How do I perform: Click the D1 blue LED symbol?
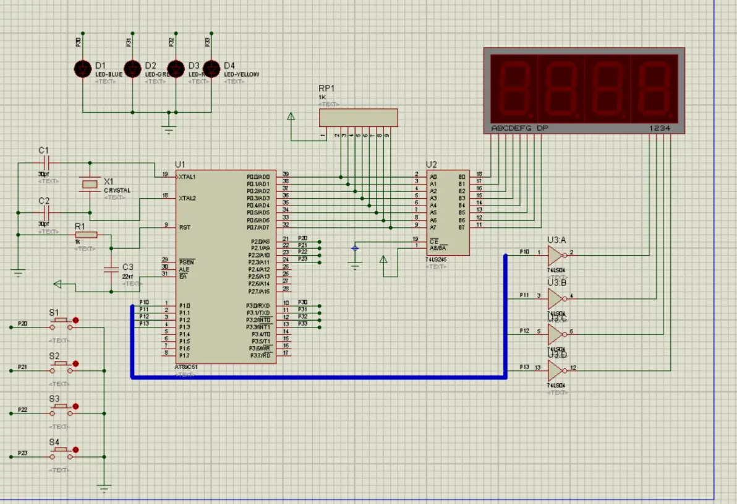click(x=83, y=68)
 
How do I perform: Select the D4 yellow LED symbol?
click(x=212, y=68)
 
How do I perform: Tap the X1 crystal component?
click(x=90, y=183)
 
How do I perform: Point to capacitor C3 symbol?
click(x=111, y=269)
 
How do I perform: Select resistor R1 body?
click(x=87, y=235)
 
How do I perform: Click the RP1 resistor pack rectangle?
click(x=358, y=118)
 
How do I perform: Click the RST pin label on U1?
click(x=184, y=227)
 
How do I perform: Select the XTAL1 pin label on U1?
click(x=187, y=177)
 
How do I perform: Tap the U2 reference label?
click(x=431, y=164)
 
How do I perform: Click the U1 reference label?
click(x=180, y=164)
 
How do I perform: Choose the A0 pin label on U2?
click(x=433, y=177)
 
